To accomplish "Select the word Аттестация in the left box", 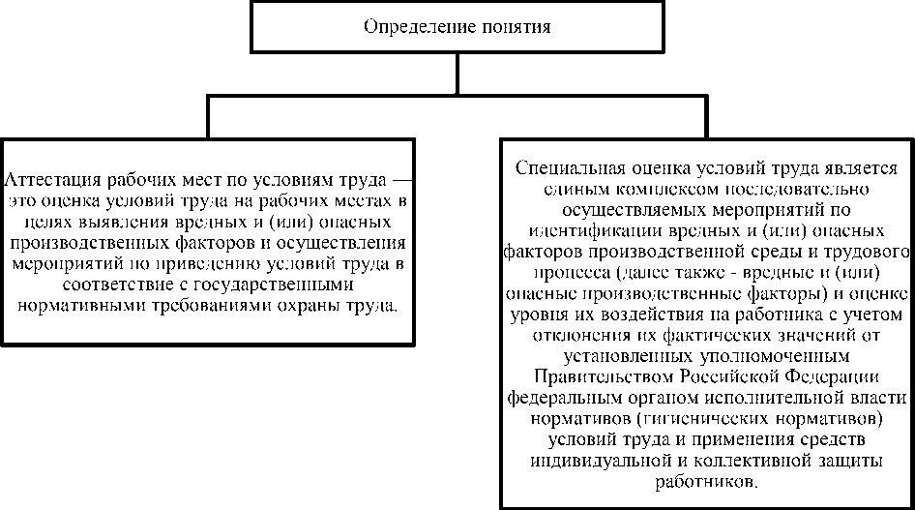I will (46, 181).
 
